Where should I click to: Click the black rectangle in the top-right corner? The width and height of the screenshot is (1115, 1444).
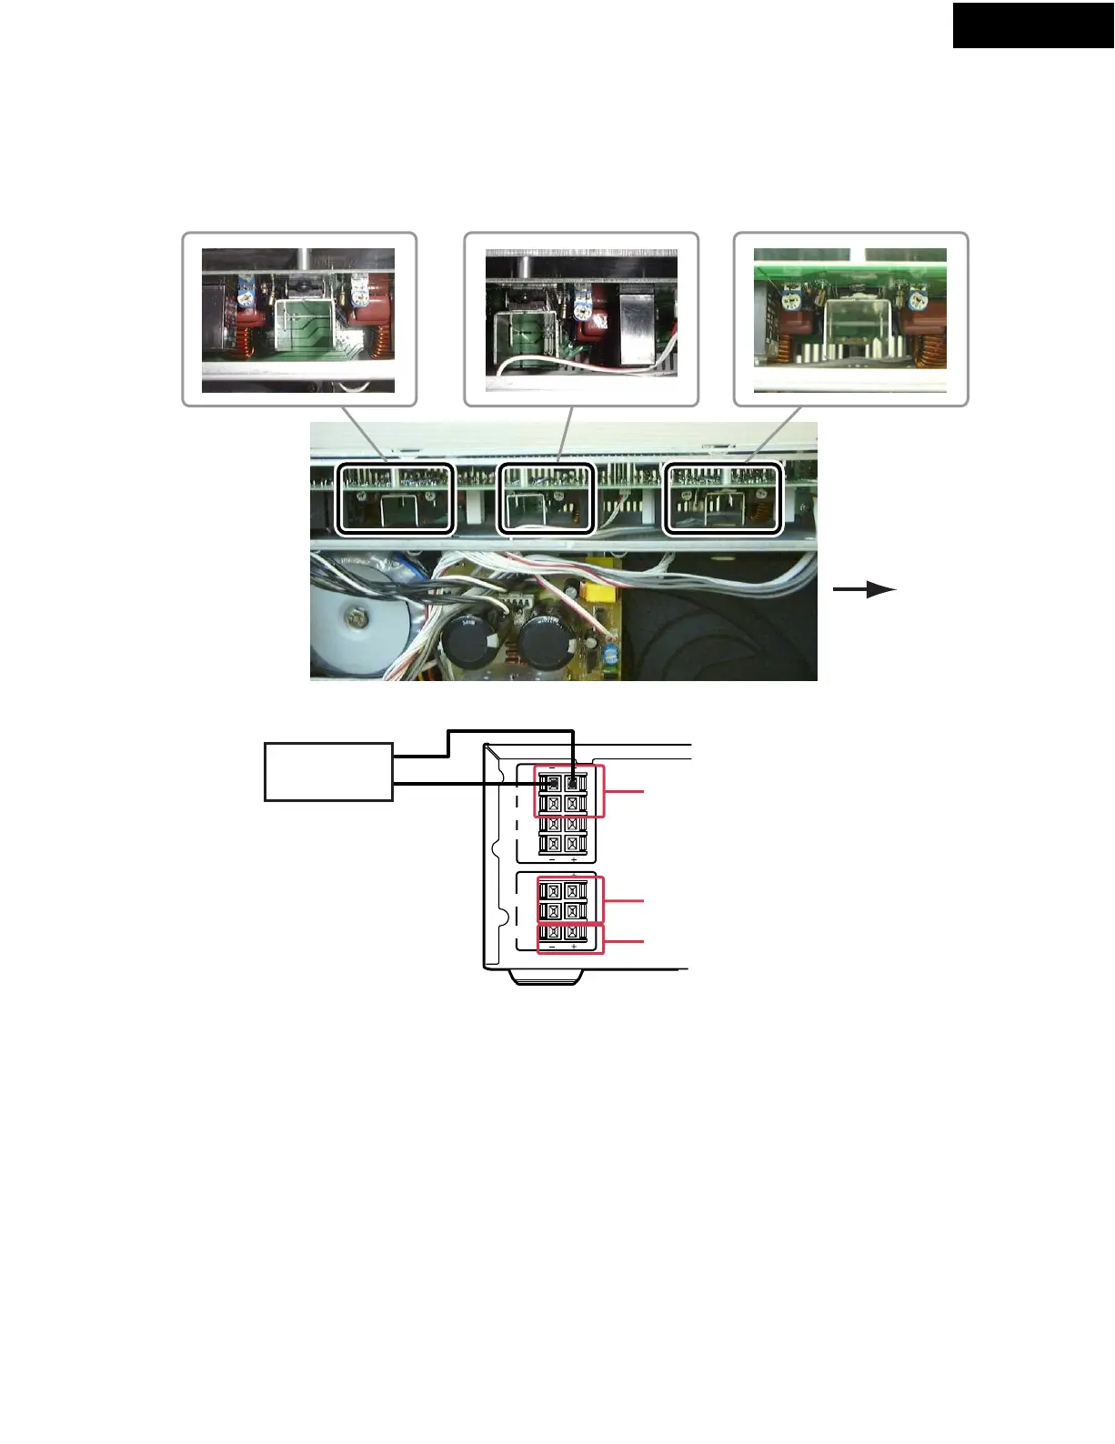tap(1033, 25)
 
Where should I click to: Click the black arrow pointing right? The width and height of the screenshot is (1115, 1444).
tap(865, 590)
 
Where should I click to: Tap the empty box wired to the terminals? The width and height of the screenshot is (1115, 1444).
tap(328, 772)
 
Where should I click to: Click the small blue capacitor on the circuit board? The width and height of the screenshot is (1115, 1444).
tap(612, 653)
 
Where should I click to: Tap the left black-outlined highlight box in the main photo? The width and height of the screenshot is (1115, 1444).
tap(396, 498)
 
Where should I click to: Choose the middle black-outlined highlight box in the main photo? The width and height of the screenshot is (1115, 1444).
tap(547, 498)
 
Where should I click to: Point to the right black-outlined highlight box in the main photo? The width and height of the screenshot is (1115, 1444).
tap(723, 498)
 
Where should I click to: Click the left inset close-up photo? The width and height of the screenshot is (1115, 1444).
tap(298, 320)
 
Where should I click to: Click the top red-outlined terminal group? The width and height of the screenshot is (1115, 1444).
tap(569, 791)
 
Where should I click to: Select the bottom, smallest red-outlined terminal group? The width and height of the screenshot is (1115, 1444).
tap(570, 938)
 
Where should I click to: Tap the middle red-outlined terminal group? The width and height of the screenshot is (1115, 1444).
tap(570, 900)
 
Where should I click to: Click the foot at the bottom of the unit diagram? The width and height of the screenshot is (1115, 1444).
tap(546, 977)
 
